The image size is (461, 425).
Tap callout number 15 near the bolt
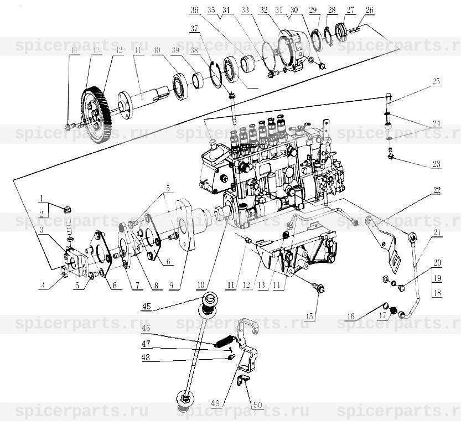tap(309, 317)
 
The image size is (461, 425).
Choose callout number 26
tap(370, 9)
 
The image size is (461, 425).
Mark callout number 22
tap(437, 191)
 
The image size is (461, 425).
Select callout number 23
tap(437, 164)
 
